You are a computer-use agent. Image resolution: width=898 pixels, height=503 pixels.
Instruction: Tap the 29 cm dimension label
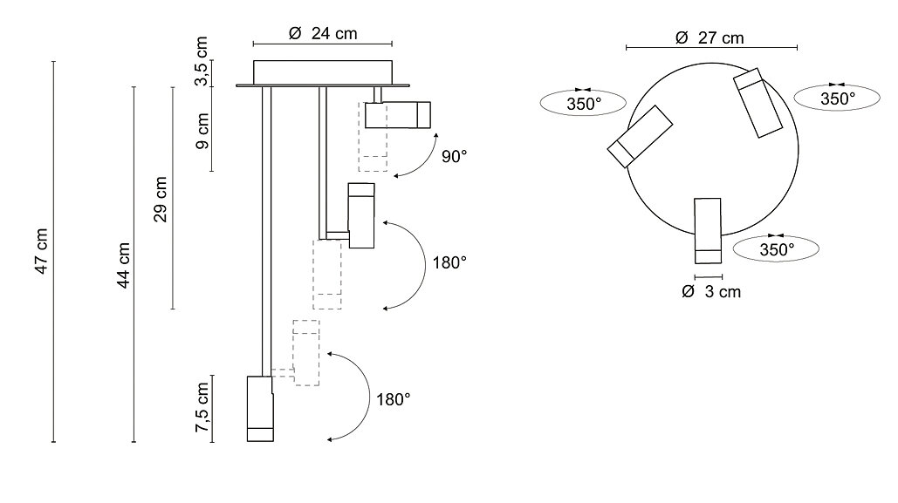point(161,199)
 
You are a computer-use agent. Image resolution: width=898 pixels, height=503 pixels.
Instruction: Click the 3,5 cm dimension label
point(202,61)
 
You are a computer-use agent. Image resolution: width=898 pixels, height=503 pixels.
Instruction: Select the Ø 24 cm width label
point(322,33)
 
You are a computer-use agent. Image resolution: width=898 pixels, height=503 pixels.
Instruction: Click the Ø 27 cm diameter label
point(710,37)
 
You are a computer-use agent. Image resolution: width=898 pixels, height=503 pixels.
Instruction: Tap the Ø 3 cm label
point(710,291)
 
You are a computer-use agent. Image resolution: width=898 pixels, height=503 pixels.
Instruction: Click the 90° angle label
point(454,157)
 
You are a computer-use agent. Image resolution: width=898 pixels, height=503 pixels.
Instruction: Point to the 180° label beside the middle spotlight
point(449,262)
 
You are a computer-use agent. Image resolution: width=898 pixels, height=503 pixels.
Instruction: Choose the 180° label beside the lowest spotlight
point(393,399)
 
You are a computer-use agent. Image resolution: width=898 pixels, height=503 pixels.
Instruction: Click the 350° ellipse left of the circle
point(584,104)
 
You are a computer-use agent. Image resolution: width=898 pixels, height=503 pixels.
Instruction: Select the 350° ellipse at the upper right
point(837,99)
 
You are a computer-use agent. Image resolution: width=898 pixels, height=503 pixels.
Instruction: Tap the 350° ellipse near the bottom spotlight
point(776,249)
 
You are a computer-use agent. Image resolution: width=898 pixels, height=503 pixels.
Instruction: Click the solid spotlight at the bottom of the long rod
point(261,409)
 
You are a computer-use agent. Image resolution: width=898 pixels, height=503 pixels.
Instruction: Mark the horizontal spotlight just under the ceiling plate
point(397,115)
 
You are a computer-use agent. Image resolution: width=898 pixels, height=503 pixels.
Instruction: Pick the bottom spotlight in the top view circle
point(707,230)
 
